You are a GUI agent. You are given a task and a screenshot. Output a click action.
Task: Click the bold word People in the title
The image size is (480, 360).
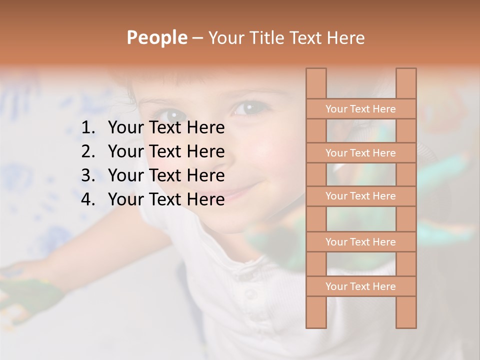pos(156,37)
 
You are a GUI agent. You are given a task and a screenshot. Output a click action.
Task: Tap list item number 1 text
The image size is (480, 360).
pos(166,128)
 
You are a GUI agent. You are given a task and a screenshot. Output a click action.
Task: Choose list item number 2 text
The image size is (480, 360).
pos(166,151)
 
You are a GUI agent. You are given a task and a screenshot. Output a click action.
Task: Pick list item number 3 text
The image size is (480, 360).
pos(166,175)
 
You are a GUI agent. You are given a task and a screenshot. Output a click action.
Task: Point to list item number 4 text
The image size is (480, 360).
pos(166,199)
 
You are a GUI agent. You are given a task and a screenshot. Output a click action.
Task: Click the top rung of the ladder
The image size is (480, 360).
pos(360,109)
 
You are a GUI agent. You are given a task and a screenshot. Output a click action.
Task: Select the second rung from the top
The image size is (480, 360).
pos(360,153)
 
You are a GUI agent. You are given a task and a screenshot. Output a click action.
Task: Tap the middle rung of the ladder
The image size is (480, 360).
pos(360,196)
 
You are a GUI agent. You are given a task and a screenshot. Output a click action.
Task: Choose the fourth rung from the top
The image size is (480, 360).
pos(360,242)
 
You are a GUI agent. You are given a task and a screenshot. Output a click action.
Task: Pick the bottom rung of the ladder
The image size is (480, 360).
pos(360,286)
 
